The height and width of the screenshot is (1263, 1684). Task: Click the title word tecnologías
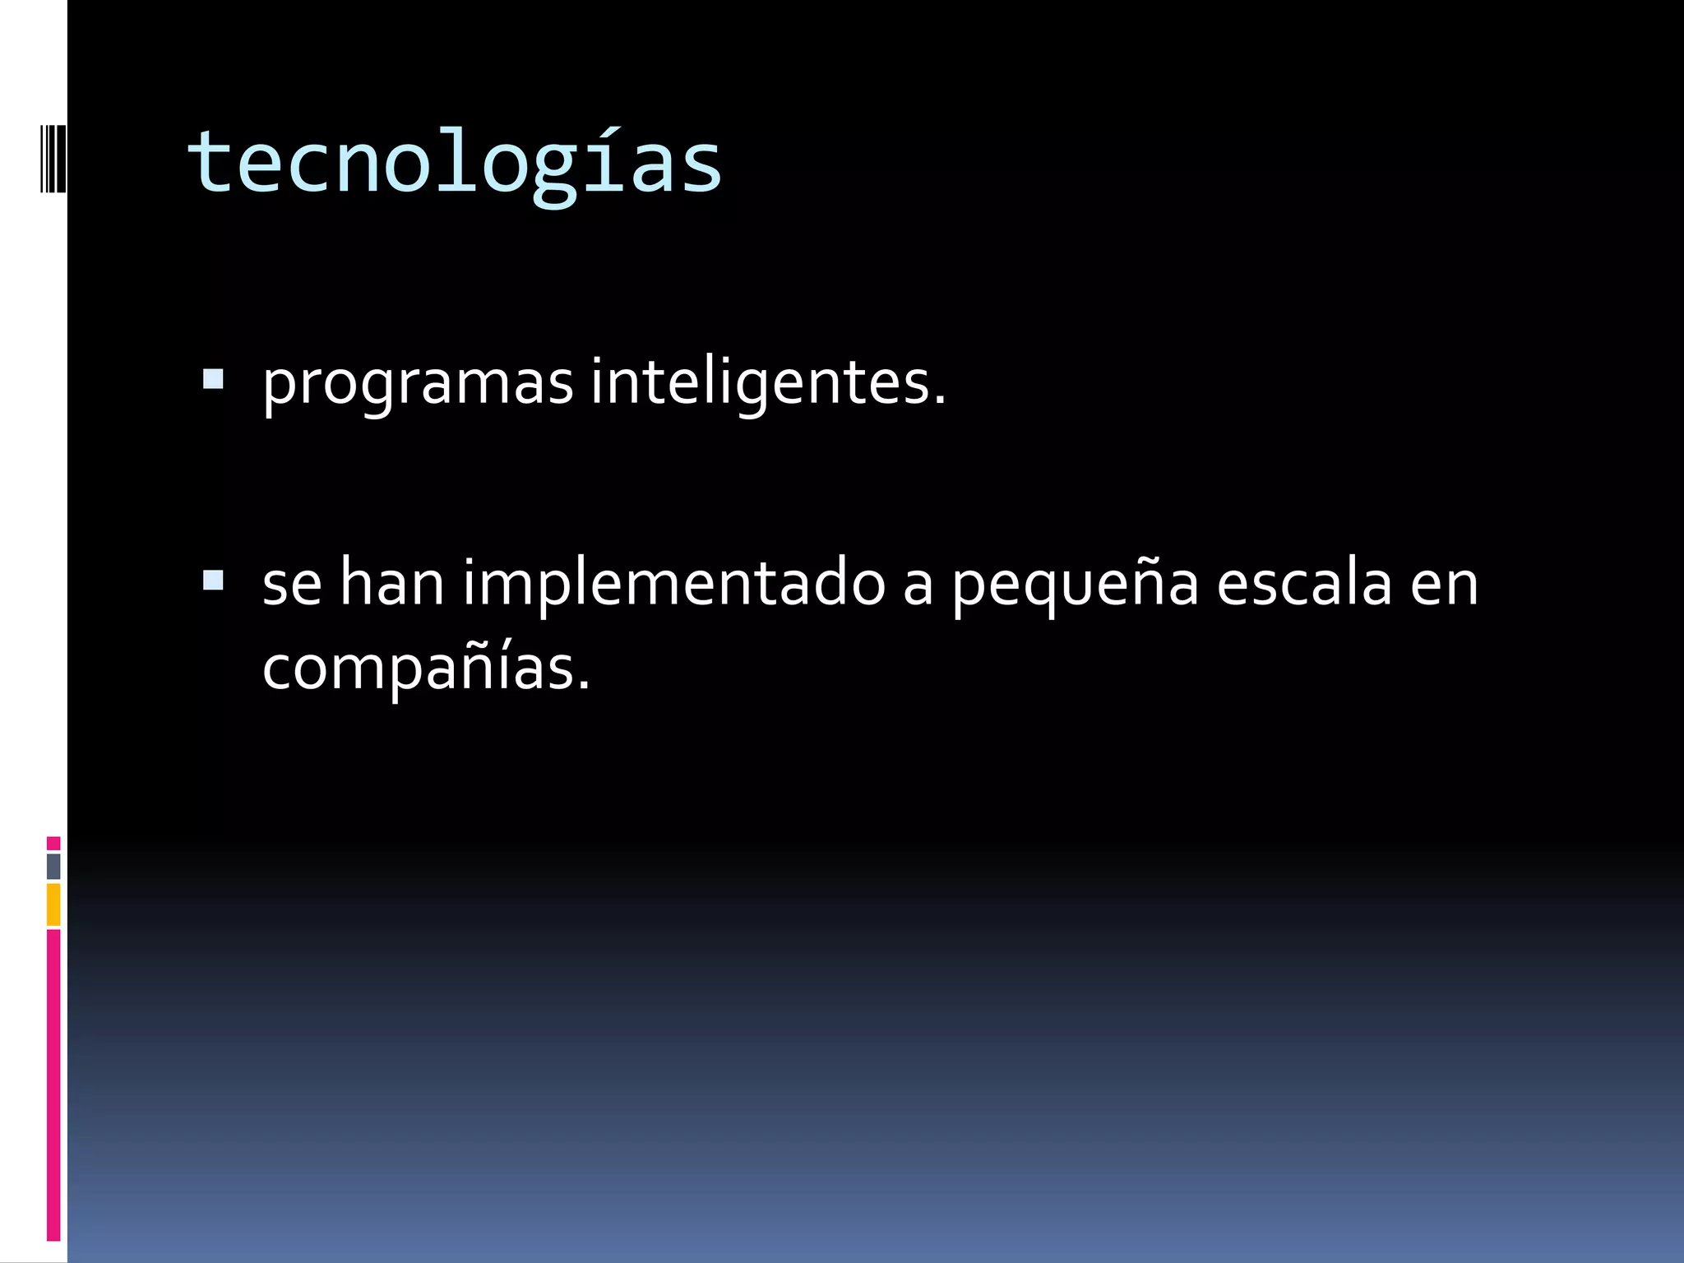pos(454,163)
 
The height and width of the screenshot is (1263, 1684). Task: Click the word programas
pos(417,383)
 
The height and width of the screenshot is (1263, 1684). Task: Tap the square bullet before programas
pos(213,379)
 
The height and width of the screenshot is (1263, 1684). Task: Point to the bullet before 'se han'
pos(213,581)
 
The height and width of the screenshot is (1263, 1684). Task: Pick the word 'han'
pos(391,582)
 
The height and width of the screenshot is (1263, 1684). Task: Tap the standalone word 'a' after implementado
pos(918,585)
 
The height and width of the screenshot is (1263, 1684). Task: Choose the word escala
pos(1303,582)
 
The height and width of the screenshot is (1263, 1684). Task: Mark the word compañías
pos(425,668)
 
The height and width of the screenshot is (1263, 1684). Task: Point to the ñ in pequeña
pos(1137,582)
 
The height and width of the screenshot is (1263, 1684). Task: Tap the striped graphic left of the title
pos(53,157)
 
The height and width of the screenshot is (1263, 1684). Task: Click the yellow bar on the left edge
pos(53,904)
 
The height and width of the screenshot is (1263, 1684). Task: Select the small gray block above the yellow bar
pos(53,866)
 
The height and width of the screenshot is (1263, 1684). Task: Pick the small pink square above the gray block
pos(53,844)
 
